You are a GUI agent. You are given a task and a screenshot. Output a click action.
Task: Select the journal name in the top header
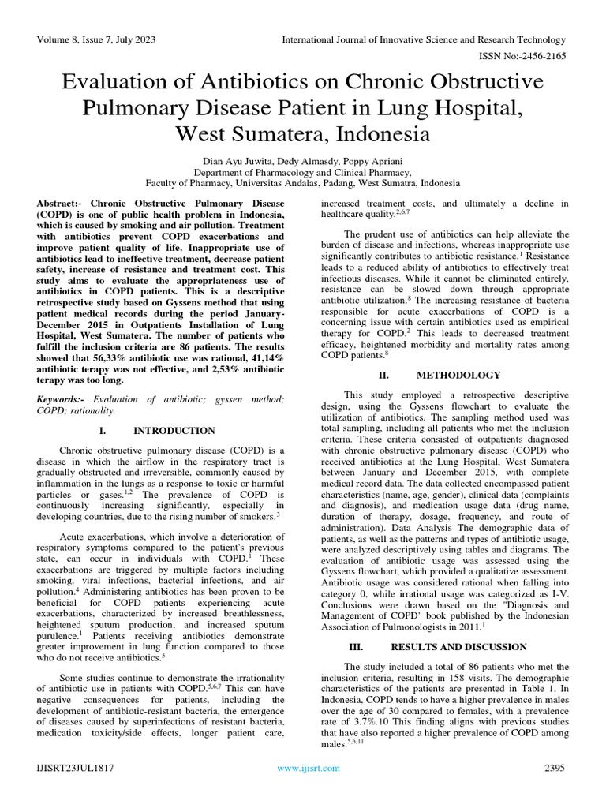(x=425, y=39)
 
